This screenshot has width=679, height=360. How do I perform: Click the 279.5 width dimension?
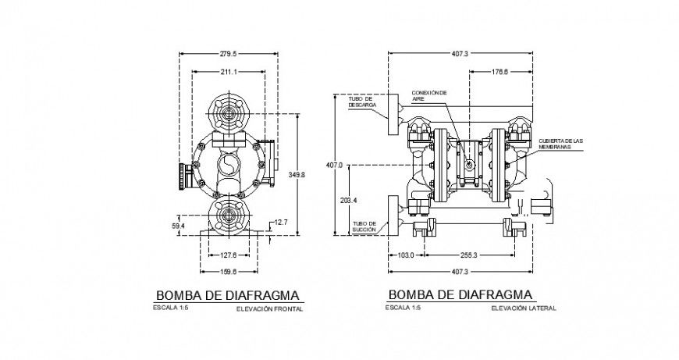229,53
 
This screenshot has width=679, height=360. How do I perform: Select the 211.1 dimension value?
229,73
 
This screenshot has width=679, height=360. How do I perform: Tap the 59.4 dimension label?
179,226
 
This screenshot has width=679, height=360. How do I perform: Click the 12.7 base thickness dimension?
279,223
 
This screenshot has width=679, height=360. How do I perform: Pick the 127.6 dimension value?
228,255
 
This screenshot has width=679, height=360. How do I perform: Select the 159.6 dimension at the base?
228,273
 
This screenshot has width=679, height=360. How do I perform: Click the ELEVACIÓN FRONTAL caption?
268,309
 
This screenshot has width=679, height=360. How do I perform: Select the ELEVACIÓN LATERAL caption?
524,308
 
